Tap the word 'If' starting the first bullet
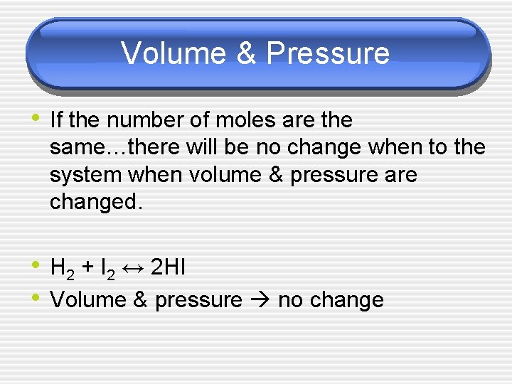click(57, 120)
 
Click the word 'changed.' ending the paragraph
click(97, 203)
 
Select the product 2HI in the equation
click(169, 268)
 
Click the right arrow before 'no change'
click(261, 300)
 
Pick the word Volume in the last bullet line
click(87, 300)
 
